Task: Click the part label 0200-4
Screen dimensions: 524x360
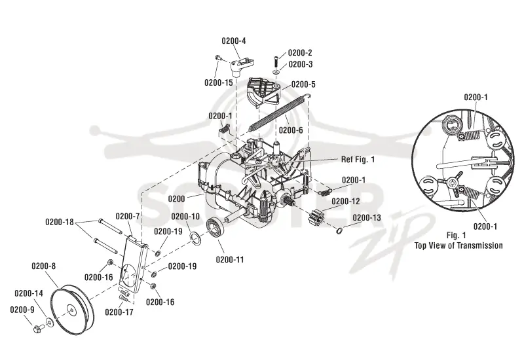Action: [x=234, y=41]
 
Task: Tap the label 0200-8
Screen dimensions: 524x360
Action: [x=43, y=266]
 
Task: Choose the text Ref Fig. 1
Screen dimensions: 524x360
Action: [x=358, y=159]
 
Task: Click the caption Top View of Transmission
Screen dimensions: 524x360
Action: [x=458, y=245]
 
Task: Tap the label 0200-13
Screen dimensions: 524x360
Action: [x=367, y=217]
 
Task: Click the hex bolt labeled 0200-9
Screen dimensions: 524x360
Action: [x=37, y=328]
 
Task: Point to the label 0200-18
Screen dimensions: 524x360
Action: [x=60, y=222]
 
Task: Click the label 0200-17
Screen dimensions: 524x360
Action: [x=119, y=312]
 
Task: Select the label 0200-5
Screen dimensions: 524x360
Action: [x=303, y=84]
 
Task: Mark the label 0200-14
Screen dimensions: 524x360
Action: [x=29, y=293]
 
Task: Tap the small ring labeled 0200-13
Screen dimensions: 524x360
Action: [x=339, y=230]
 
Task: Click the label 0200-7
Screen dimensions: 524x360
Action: [x=128, y=217]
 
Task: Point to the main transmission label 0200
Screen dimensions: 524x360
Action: [x=176, y=199]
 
